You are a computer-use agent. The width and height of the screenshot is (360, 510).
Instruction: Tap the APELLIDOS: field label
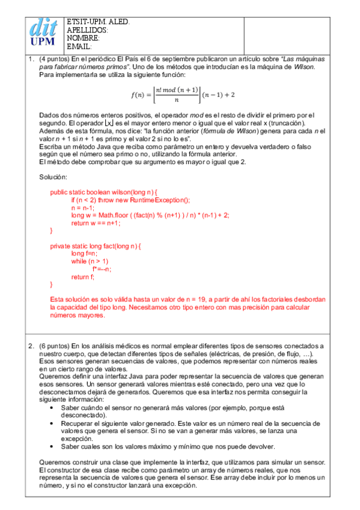(87, 29)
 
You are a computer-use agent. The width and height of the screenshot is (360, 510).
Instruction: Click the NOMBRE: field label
(83, 38)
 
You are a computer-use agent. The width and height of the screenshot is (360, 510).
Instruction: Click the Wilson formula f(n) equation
(183, 94)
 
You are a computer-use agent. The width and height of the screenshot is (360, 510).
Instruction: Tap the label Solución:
(53, 177)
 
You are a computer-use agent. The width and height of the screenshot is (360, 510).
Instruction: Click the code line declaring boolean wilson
(103, 192)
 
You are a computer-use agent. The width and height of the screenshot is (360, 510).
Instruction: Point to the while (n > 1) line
(90, 262)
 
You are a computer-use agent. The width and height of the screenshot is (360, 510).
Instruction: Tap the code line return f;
(83, 277)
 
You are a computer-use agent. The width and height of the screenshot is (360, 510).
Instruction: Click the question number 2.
(31, 346)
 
